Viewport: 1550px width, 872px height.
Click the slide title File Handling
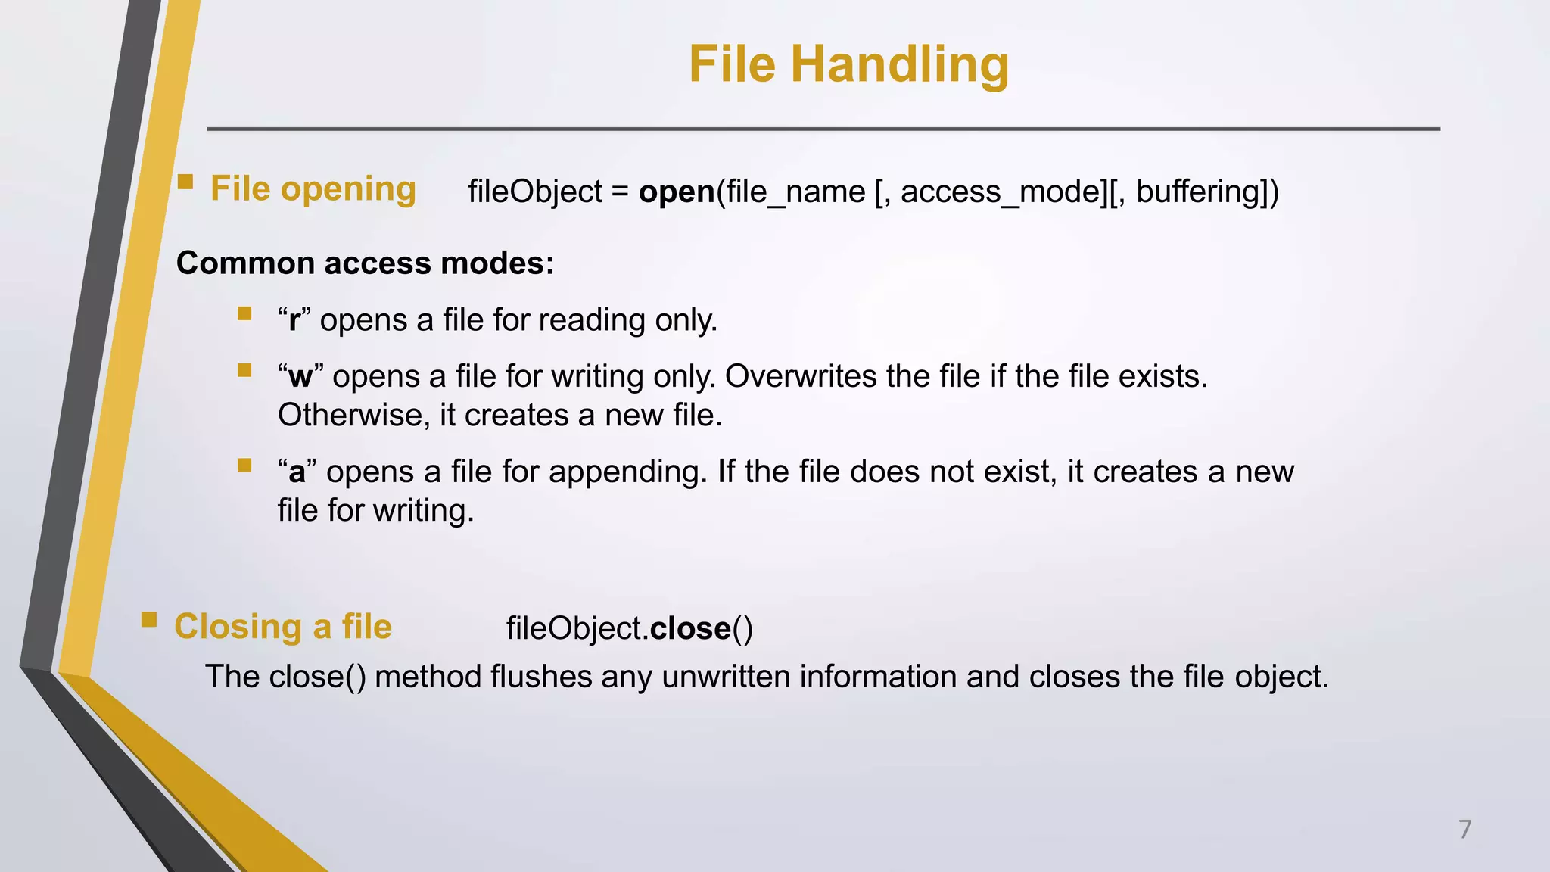[x=848, y=64]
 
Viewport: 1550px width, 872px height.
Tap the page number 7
[x=1465, y=829]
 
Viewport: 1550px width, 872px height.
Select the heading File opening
[x=313, y=189]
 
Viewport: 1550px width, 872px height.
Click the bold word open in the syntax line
[x=677, y=192]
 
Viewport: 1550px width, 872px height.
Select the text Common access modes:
[x=366, y=263]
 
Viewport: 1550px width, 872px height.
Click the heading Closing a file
[x=283, y=627]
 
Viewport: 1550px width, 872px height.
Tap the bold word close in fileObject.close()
[x=690, y=629]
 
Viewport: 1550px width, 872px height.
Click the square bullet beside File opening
[x=185, y=182]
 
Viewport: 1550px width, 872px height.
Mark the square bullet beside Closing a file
[x=149, y=621]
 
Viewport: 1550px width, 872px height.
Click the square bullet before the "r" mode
[x=244, y=314]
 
